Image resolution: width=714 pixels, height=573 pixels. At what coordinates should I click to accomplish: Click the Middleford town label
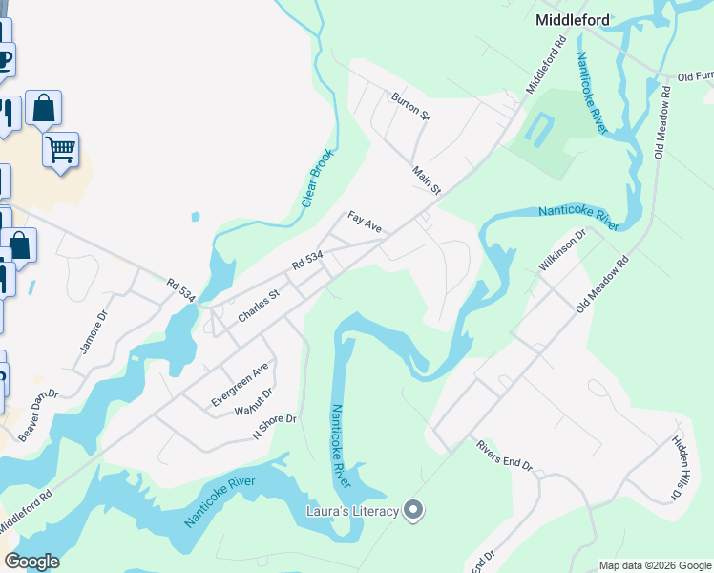coord(573,19)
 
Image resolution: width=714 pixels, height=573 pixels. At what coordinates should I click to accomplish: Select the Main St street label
coord(427,180)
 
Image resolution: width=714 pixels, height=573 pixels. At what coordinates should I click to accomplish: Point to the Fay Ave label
coord(365,223)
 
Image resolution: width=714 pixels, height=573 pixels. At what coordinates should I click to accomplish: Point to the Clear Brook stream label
coord(318,178)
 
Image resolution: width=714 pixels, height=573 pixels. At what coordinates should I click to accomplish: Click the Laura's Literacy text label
coord(351,512)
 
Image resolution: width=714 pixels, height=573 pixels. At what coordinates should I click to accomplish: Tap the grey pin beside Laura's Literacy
coord(413,512)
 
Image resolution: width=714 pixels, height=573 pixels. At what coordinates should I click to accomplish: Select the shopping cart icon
coord(60,149)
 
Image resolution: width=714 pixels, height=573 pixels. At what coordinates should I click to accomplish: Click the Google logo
coord(31,562)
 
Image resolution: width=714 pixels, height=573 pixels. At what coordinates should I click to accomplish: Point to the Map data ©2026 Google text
coord(654,565)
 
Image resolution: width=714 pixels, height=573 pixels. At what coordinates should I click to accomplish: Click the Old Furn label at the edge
coord(695,76)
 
